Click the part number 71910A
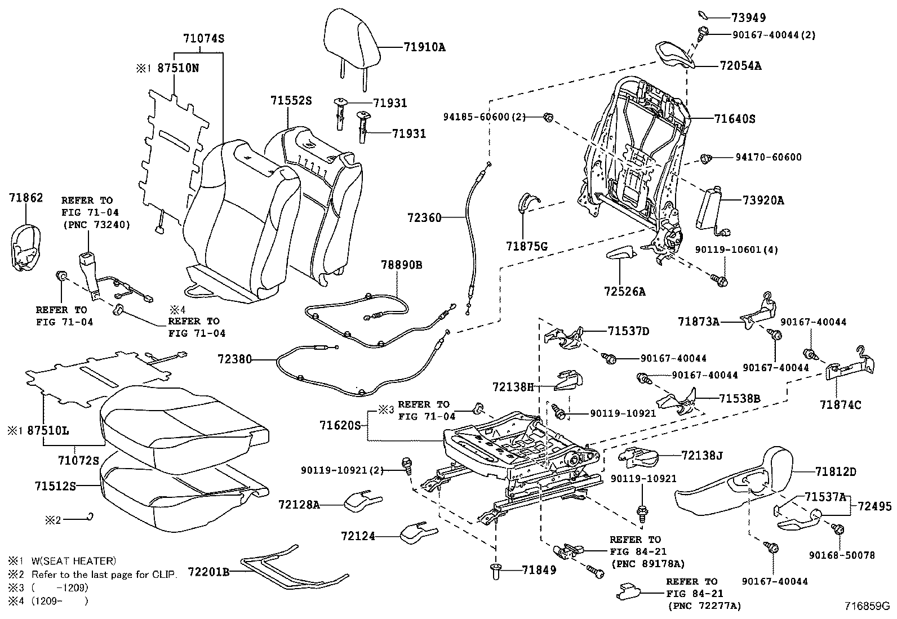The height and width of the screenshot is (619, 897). [424, 47]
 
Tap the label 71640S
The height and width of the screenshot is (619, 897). [735, 119]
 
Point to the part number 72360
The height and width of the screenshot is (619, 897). [424, 218]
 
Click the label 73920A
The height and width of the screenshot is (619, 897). [763, 200]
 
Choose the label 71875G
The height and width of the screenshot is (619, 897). [527, 246]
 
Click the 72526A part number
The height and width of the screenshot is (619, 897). [625, 292]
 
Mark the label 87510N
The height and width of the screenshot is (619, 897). [178, 68]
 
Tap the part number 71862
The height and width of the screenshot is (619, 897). [26, 198]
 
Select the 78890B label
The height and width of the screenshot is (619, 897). [402, 265]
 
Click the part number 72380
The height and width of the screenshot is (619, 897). [234, 359]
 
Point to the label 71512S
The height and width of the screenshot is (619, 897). [55, 486]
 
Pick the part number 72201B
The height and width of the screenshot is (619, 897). [208, 572]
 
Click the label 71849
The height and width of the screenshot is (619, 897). [539, 570]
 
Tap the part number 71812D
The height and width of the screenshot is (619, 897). [836, 472]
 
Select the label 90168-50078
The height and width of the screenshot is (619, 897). [842, 555]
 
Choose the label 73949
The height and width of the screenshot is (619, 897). [749, 17]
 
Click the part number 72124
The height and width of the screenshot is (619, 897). [358, 536]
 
